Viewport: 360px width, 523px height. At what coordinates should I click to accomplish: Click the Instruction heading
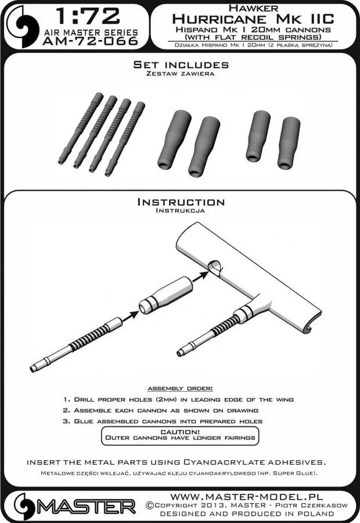pos(180,202)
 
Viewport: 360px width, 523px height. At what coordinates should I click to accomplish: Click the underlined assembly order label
pos(179,388)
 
